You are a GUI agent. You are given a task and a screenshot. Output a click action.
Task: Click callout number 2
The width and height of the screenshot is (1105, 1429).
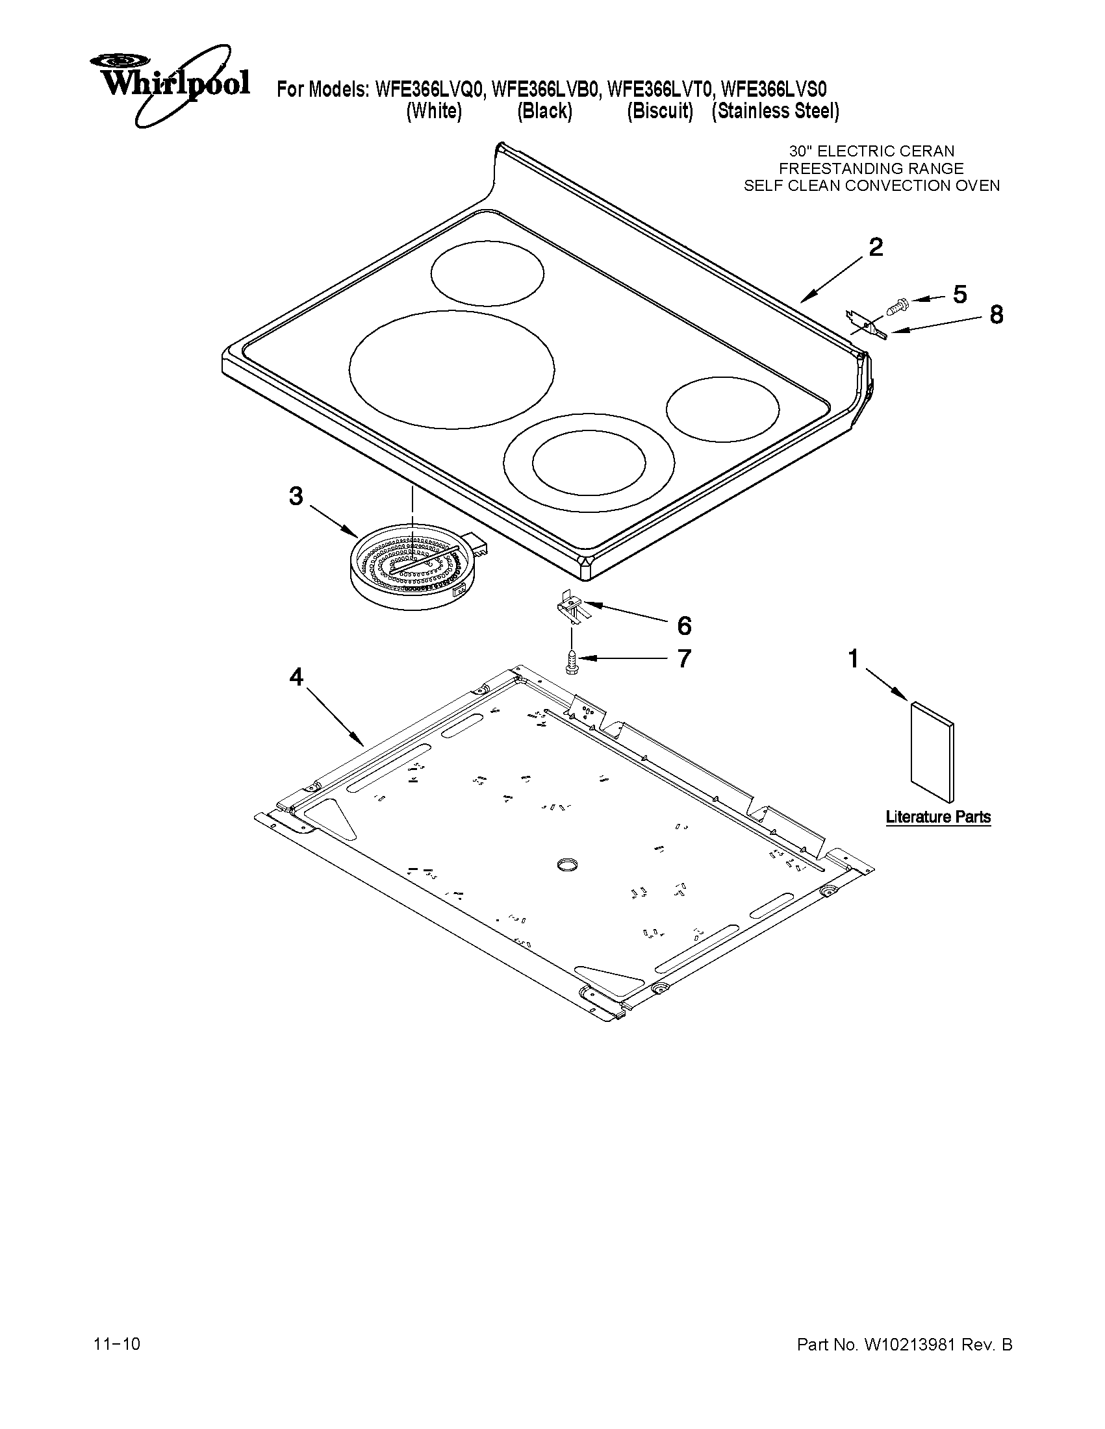click(x=875, y=247)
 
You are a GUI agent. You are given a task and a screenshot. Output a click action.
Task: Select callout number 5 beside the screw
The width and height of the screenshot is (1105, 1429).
click(x=959, y=295)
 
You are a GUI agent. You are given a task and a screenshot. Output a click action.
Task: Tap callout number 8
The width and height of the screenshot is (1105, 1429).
click(x=996, y=315)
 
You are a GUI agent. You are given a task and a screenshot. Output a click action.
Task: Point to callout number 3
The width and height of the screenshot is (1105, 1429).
click(x=296, y=497)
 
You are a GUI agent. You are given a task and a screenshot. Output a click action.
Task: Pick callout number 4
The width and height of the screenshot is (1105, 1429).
click(x=296, y=677)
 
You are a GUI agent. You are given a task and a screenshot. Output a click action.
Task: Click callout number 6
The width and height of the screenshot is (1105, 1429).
click(x=684, y=626)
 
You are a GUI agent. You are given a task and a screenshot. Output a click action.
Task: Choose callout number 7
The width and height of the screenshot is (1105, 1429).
click(x=683, y=658)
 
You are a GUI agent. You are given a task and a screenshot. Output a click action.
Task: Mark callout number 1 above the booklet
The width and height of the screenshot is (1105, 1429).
click(x=854, y=658)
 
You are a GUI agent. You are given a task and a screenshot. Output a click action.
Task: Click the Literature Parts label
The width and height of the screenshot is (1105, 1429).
click(x=937, y=817)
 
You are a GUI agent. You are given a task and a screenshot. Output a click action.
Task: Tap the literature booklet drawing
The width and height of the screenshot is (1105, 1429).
click(x=932, y=752)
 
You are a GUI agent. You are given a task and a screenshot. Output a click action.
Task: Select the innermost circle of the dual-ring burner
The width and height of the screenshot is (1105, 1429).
click(x=589, y=460)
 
